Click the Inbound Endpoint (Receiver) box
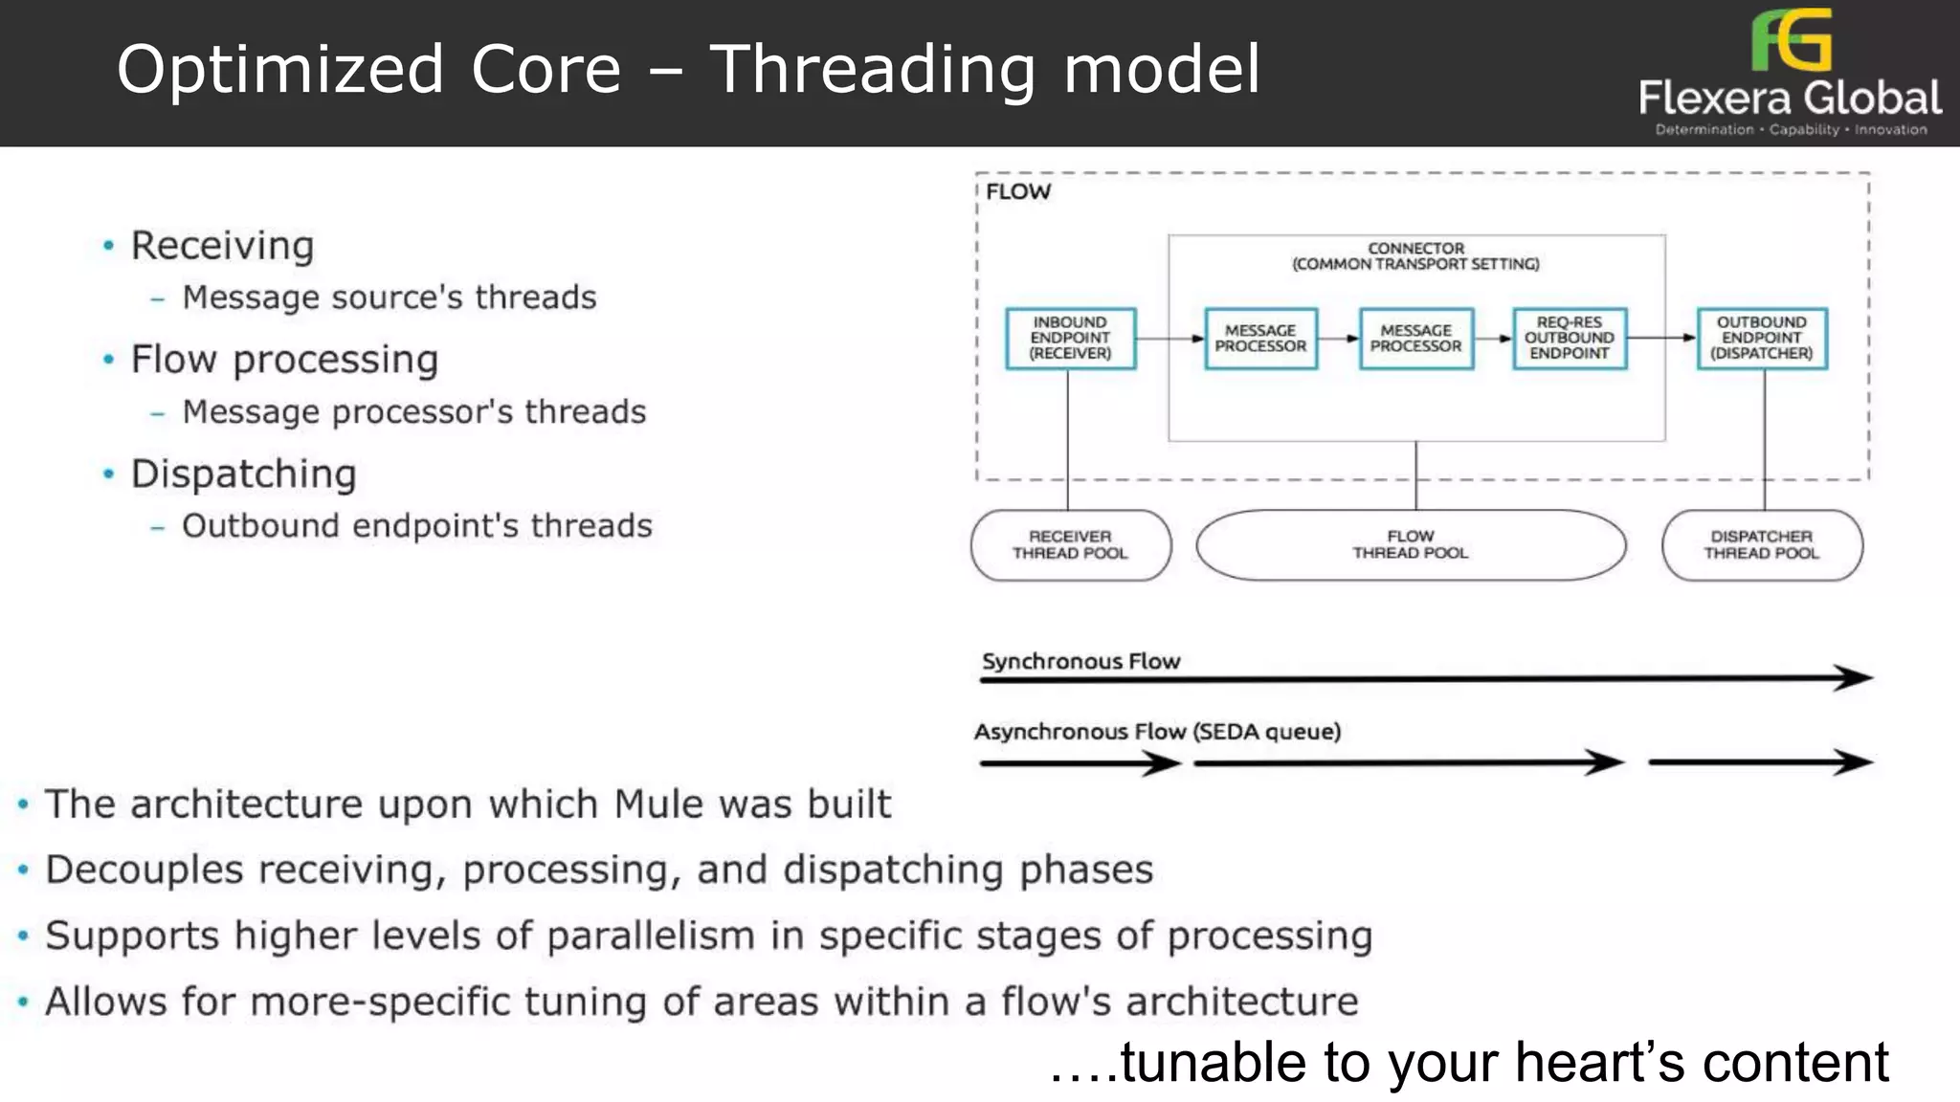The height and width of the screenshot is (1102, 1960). pos(1070,339)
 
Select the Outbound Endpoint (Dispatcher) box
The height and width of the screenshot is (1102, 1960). pos(1761,339)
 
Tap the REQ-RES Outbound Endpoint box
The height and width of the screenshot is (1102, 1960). pos(1569,339)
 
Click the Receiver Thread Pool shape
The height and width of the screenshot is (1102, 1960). pos(1070,545)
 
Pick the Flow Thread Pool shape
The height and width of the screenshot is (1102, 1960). pos(1411,545)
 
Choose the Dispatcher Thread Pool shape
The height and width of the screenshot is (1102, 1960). pos(1761,545)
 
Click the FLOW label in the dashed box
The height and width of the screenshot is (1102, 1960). pos(1017,192)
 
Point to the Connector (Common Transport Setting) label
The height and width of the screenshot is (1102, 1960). pos(1415,256)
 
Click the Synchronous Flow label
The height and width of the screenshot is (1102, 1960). pos(1080,662)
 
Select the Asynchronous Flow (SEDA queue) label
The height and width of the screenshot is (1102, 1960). pos(1157,733)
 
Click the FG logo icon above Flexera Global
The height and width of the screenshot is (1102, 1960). pos(1791,40)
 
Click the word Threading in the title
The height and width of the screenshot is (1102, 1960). pos(872,71)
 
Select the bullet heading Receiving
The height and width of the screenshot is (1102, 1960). pos(222,247)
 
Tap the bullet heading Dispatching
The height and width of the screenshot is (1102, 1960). pos(243,474)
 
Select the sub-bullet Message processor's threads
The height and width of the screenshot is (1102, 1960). pos(414,412)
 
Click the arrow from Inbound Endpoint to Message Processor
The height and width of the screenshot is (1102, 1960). pos(1169,339)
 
